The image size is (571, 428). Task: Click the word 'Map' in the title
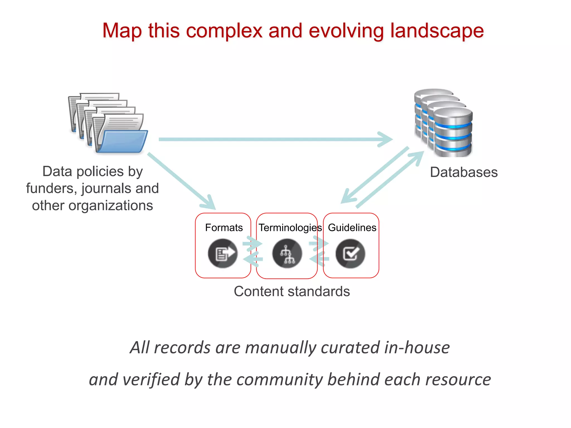pos(122,31)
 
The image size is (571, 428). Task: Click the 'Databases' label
pos(464,172)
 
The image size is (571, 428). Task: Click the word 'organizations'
pos(111,206)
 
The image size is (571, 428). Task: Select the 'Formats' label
pos(224,228)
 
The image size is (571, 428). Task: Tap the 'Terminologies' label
pos(290,228)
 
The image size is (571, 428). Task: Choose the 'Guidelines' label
pos(352,228)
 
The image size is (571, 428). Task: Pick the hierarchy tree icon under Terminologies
pos(287,254)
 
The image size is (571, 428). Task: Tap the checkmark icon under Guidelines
pos(350,254)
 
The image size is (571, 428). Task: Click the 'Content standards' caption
pos(292,291)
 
